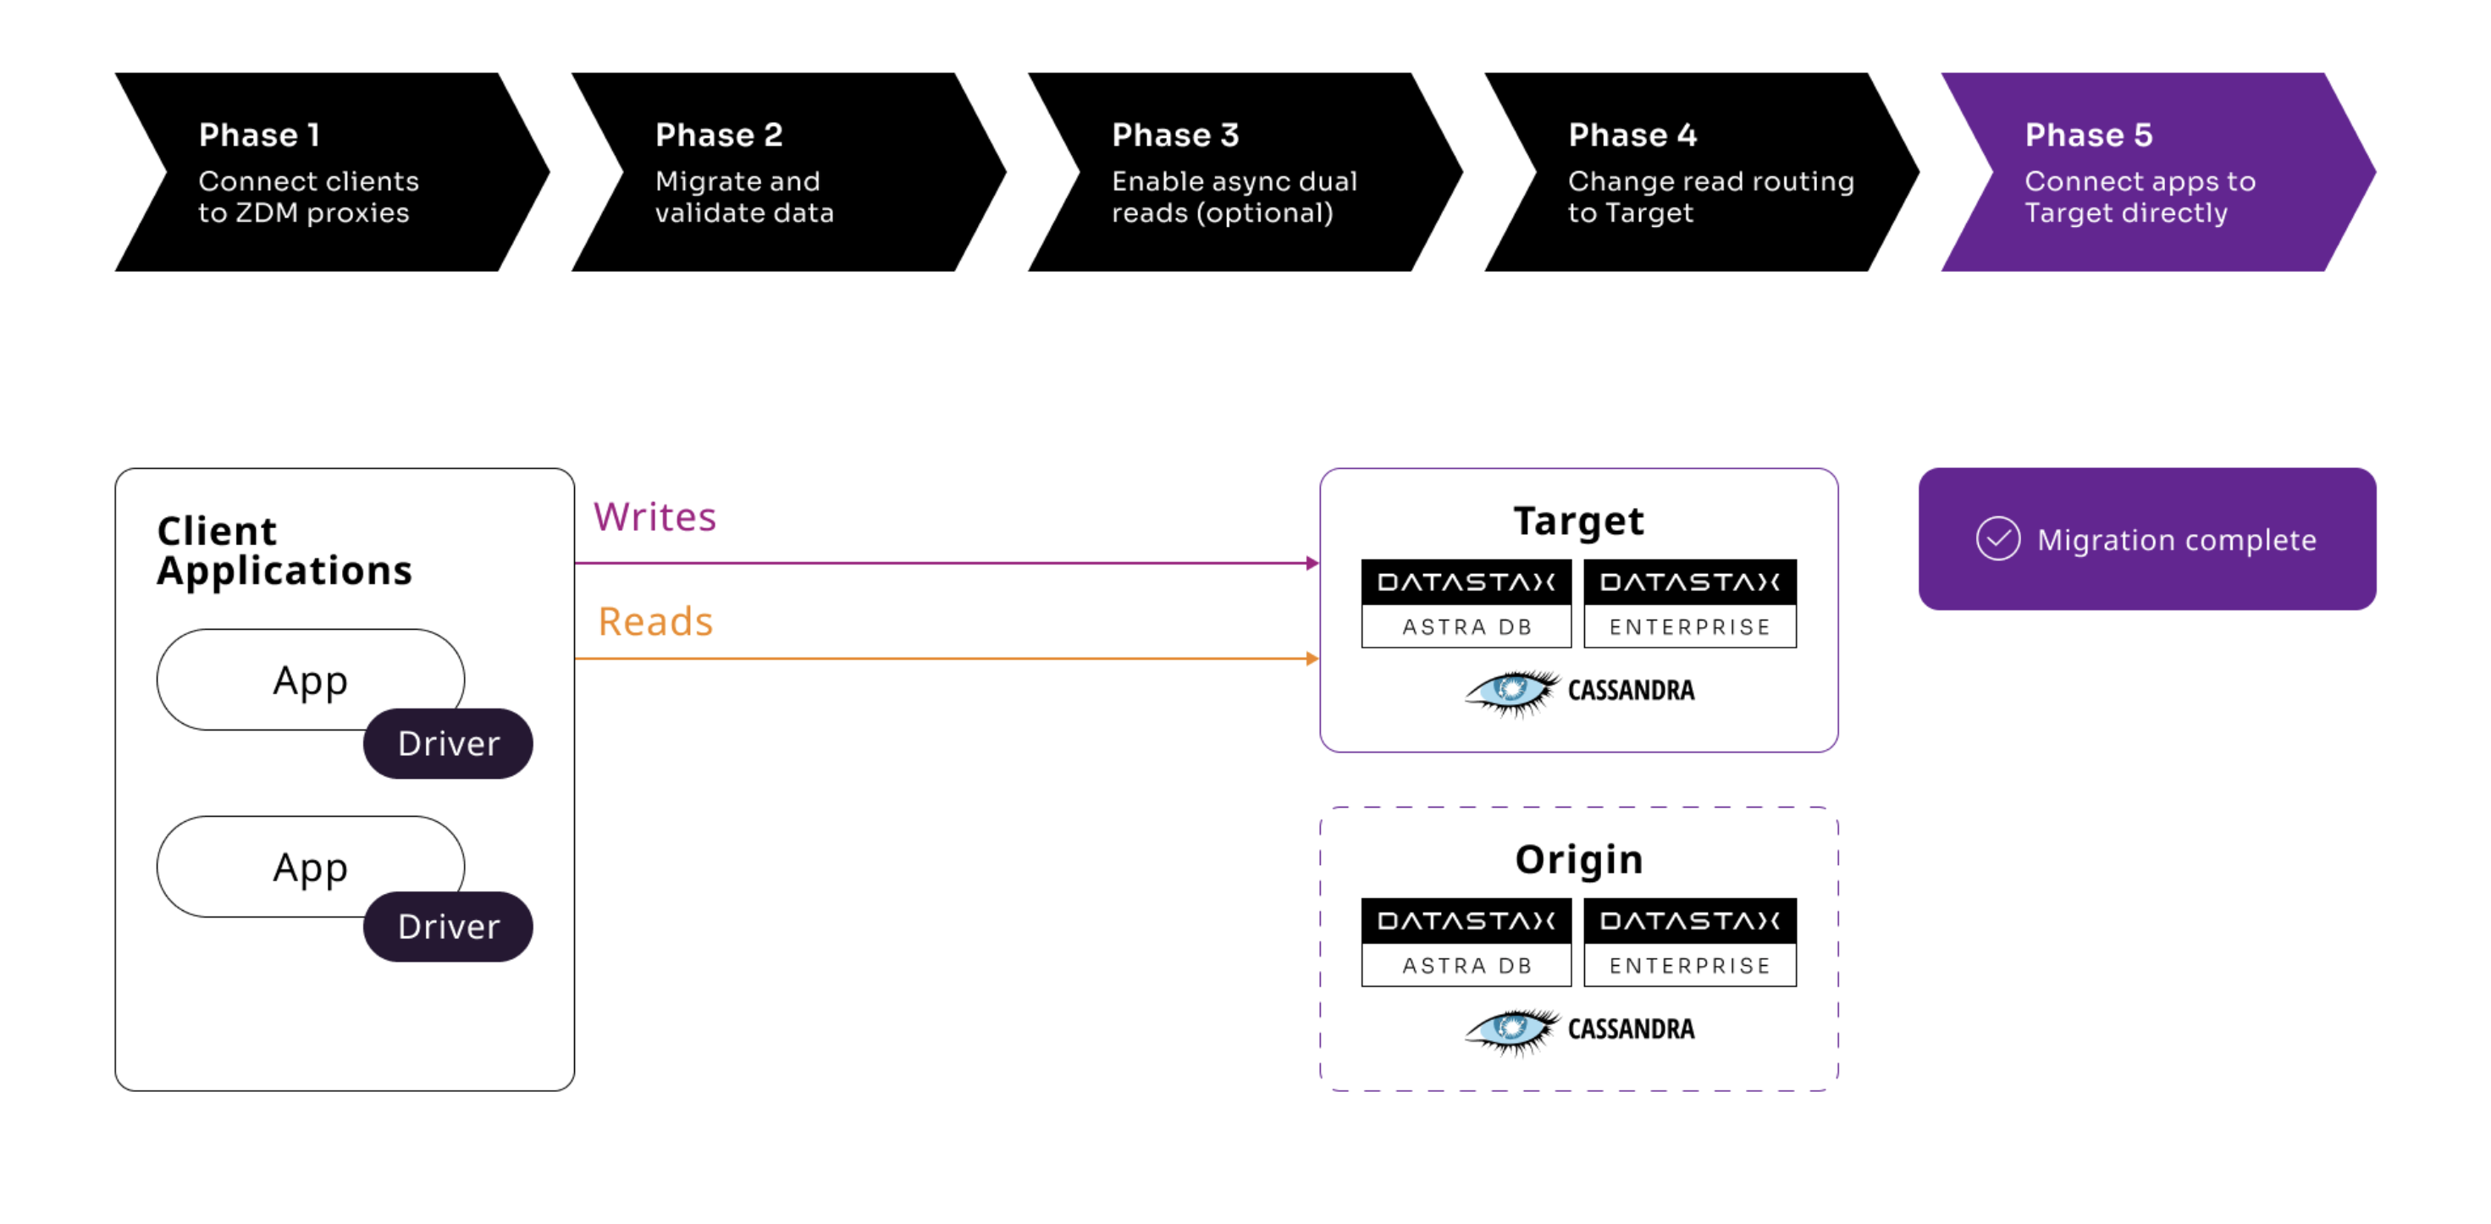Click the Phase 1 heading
click(258, 135)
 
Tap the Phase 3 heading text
click(1175, 135)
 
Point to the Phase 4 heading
click(1632, 135)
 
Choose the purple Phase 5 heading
click(2088, 135)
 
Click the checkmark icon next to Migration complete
click(1998, 538)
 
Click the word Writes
click(655, 517)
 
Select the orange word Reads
click(655, 621)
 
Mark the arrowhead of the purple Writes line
click(1312, 563)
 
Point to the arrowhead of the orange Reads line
click(1312, 659)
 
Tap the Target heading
click(1578, 521)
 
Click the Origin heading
click(1578, 859)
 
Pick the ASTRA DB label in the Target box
click(1466, 626)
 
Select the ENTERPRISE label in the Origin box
click(1689, 965)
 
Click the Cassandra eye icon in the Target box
click(1511, 692)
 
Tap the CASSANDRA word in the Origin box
click(1631, 1028)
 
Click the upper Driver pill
click(448, 743)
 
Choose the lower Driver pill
click(448, 926)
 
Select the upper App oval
click(309, 680)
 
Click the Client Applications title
click(284, 551)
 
